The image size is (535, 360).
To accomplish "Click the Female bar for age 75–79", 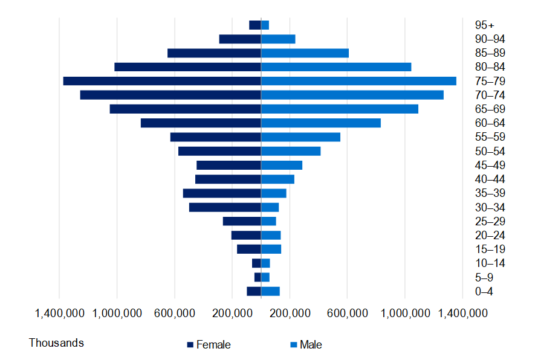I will pyautogui.click(x=162, y=81).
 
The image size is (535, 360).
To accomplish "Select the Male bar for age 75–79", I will pyautogui.click(x=358, y=81).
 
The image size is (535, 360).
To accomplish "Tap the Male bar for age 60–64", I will pyautogui.click(x=320, y=123).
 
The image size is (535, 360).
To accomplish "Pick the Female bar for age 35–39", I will pyautogui.click(x=222, y=193).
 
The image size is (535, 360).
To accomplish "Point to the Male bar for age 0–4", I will pyautogui.click(x=270, y=291).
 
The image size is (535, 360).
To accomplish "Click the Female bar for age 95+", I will pyautogui.click(x=255, y=25).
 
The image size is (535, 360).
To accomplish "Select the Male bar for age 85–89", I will pyautogui.click(x=305, y=53).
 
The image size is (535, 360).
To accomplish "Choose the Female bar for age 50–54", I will pyautogui.click(x=219, y=151).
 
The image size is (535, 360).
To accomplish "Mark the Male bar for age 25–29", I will pyautogui.click(x=268, y=221).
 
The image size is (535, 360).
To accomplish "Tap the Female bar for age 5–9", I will pyautogui.click(x=258, y=277).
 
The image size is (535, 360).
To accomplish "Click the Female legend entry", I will pyautogui.click(x=209, y=345).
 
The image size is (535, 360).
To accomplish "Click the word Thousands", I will pyautogui.click(x=56, y=343).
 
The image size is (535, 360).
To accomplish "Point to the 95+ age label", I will pyautogui.click(x=484, y=25).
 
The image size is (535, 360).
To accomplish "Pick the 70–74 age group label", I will pyautogui.click(x=490, y=95).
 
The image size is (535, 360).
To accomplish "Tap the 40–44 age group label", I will pyautogui.click(x=490, y=179).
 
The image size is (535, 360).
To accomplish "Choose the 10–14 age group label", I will pyautogui.click(x=490, y=263).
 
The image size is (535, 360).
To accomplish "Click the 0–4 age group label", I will pyautogui.click(x=484, y=291).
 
